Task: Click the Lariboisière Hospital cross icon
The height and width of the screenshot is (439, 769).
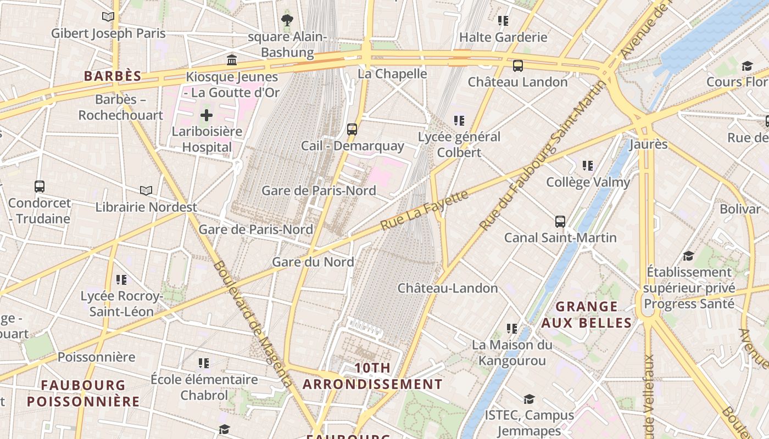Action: coord(207,115)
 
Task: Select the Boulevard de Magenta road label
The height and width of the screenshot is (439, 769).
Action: coord(252,324)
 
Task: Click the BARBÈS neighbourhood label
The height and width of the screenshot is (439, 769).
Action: coord(113,76)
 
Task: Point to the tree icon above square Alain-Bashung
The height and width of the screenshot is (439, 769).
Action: coord(287,21)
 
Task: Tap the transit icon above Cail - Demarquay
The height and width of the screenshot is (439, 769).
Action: coord(352,130)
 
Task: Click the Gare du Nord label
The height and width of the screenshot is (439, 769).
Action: coord(313,262)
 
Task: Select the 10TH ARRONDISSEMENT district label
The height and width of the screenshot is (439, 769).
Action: coord(372,376)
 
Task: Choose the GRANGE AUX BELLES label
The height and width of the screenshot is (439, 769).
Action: coord(587,314)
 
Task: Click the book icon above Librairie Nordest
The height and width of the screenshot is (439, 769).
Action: coord(146,190)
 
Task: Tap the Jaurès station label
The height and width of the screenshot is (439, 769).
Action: coord(648,144)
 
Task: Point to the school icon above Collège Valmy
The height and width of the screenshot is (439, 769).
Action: coord(588,165)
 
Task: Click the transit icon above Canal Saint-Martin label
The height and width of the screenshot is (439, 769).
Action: coord(560,222)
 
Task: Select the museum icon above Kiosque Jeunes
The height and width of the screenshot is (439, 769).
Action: coord(232,60)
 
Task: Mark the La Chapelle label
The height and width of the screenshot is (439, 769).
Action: coord(392,74)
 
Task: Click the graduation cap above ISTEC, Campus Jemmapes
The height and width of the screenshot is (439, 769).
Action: coord(529,399)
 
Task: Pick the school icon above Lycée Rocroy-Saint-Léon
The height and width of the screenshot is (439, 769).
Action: coord(121,280)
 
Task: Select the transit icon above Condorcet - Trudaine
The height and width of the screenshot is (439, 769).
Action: coord(40,187)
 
